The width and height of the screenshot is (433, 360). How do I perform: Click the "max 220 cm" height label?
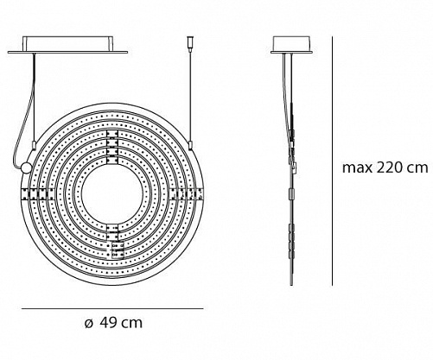pos(385,167)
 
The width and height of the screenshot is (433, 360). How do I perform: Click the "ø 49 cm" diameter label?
pos(114,323)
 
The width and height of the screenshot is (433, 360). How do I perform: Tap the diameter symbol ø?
pos(89,324)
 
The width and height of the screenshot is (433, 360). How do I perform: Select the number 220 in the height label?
pos(389,167)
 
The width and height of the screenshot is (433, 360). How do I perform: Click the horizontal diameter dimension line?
pos(112,309)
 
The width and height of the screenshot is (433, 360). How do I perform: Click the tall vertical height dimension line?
pos(333,161)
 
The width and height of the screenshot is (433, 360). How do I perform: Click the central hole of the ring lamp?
pos(112,193)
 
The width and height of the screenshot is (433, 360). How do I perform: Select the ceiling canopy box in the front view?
pos(67,45)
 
